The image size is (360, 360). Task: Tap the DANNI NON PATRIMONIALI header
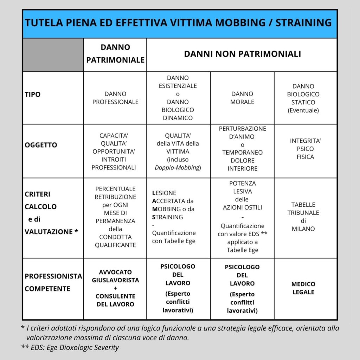tap(242, 54)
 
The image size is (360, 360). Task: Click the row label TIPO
tap(33, 95)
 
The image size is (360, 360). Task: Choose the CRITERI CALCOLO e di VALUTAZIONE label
tap(51, 213)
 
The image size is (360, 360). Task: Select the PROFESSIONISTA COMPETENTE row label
tap(53, 282)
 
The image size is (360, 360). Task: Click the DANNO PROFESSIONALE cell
tap(115, 98)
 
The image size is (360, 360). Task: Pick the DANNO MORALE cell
tap(242, 98)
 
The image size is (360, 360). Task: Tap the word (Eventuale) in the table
tap(303, 110)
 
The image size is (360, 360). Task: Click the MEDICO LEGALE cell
tap(303, 288)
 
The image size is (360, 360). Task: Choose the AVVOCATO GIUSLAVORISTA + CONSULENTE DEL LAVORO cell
tap(115, 288)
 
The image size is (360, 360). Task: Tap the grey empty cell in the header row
tap(53, 55)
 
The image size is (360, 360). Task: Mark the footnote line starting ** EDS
tap(70, 348)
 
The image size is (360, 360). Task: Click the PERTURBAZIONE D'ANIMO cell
tap(242, 148)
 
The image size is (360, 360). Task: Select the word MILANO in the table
tap(303, 229)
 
